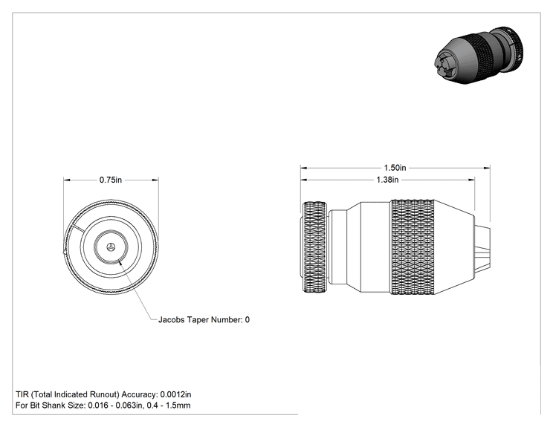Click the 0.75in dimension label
tap(111, 180)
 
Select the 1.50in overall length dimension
tap(395, 168)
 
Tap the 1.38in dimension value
tap(387, 180)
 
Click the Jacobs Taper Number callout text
tap(204, 319)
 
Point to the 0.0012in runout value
tap(175, 394)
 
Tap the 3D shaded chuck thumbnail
tap(479, 55)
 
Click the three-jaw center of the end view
tap(111, 247)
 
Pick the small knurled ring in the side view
tap(314, 247)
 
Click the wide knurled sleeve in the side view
tap(413, 247)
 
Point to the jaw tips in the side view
tap(482, 247)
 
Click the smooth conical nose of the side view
tap(454, 247)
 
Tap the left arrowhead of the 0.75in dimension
tap(67, 180)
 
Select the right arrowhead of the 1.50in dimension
tap(487, 168)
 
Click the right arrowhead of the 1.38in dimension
tap(471, 180)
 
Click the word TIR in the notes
tap(22, 394)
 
